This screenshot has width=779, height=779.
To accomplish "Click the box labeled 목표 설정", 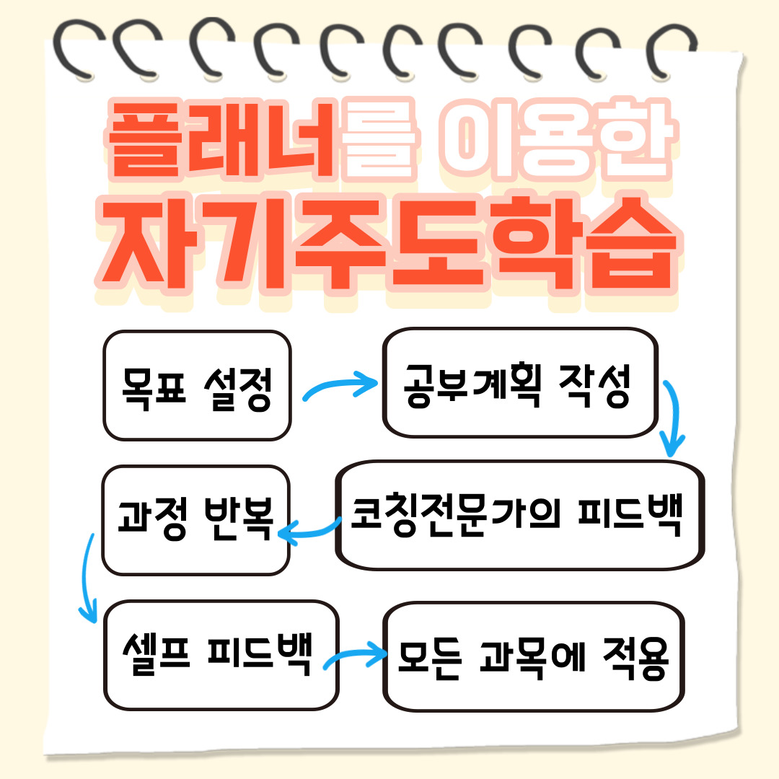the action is [196, 386].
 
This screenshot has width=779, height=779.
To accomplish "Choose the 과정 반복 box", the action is [195, 519].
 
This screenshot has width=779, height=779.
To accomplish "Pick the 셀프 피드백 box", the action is [221, 655].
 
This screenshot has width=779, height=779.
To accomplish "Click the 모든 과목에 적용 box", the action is [534, 656].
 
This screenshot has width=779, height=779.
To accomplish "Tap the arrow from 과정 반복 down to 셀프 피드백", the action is [87, 577].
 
